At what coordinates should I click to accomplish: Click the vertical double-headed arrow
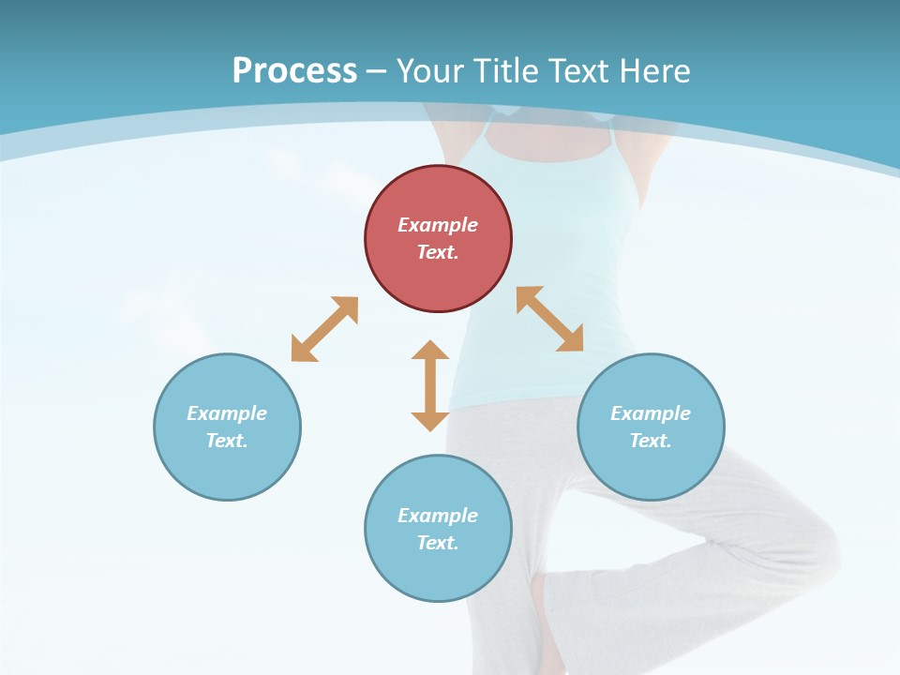[430, 385]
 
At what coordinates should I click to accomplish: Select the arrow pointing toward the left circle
[324, 329]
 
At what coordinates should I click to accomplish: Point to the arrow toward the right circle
[550, 320]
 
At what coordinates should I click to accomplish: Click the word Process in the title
[294, 70]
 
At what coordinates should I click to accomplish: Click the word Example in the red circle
[438, 225]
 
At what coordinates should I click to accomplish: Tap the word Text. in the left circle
[227, 441]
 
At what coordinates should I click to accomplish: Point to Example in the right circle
[651, 413]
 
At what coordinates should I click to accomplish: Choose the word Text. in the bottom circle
[438, 543]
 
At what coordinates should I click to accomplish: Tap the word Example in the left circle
[227, 413]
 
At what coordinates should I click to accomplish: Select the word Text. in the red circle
[438, 252]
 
